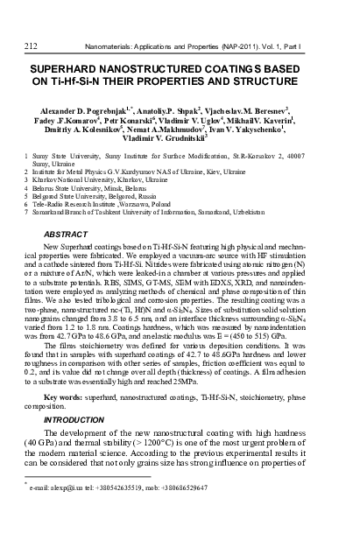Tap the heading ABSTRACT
click(64, 211)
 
